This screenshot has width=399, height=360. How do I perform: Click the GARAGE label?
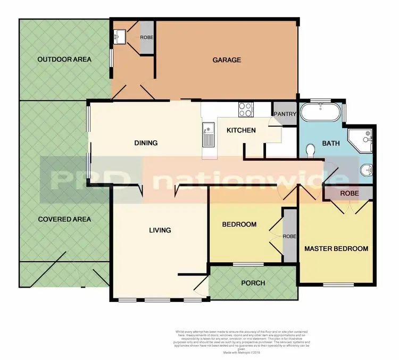click(227, 60)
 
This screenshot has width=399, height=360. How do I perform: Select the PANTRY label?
click(284, 114)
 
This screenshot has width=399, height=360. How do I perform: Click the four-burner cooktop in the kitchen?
click(245, 109)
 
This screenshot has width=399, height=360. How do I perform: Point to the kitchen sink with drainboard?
click(208, 135)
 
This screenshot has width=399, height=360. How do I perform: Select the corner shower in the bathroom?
click(362, 139)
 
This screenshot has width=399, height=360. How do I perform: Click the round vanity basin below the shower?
click(365, 171)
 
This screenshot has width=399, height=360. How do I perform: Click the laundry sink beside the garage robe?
click(119, 36)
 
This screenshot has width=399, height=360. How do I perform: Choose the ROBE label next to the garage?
click(146, 38)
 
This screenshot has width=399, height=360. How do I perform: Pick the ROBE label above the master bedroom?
click(349, 193)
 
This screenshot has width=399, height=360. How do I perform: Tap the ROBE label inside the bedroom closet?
click(289, 236)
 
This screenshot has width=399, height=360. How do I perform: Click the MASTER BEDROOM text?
click(336, 248)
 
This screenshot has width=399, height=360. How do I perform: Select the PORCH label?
click(253, 283)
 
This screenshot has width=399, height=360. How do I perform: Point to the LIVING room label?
click(160, 230)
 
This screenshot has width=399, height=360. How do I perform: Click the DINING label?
click(146, 143)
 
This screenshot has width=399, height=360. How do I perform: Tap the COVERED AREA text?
click(64, 219)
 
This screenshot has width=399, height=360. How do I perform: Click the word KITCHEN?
click(241, 130)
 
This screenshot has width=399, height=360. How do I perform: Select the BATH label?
click(330, 144)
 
